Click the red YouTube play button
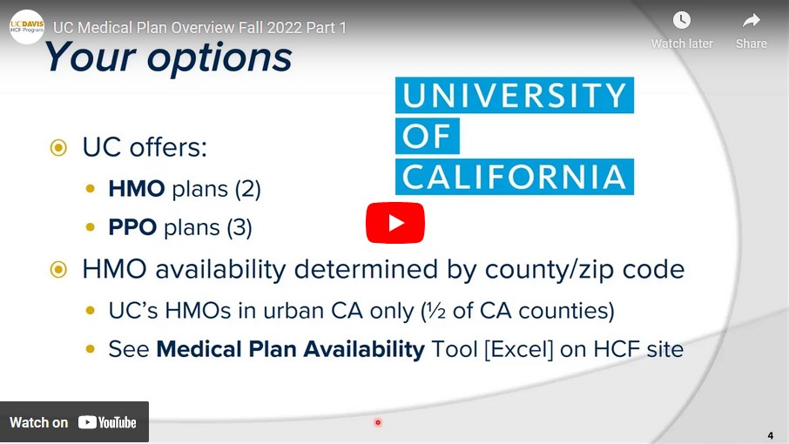395,223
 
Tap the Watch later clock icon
681,20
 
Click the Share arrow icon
751,21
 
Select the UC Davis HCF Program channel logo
27,27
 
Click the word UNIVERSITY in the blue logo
515,95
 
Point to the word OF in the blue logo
427,136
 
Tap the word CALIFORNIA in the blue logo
515,177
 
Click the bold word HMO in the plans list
137,189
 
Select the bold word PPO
132,227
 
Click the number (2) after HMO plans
247,190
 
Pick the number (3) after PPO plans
239,228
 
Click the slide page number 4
771,435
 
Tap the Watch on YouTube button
74,422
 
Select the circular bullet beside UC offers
58,148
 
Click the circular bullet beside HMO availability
58,270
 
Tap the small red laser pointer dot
378,422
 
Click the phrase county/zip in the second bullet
550,270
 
